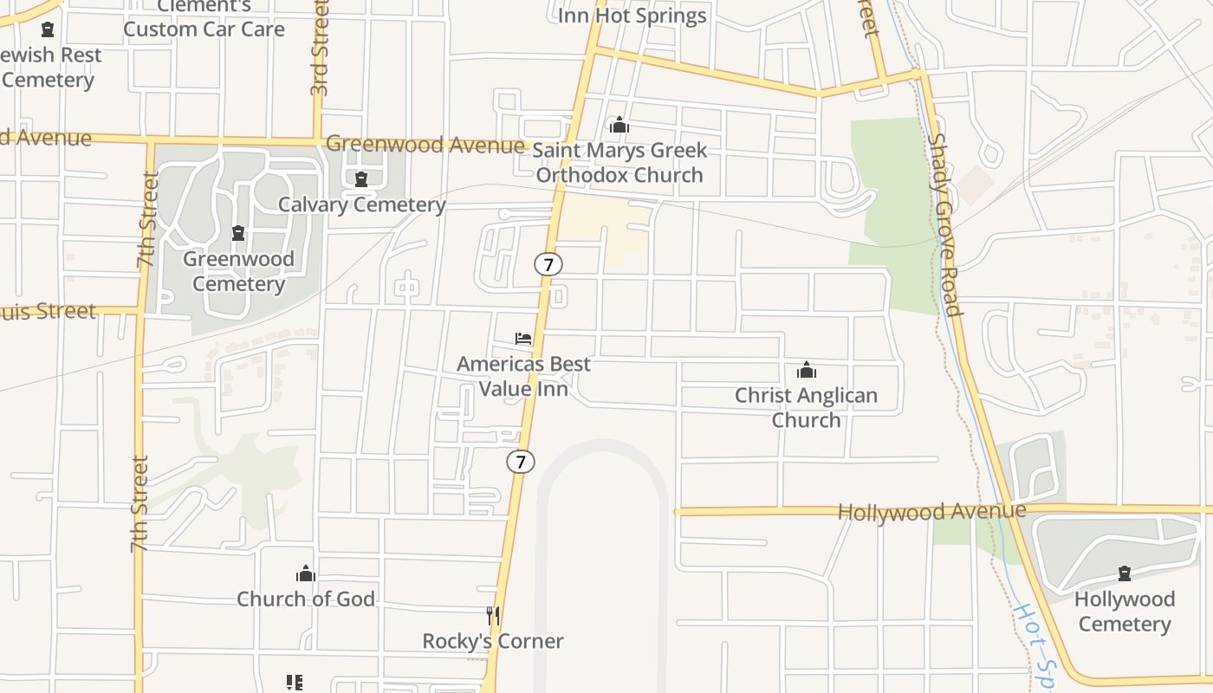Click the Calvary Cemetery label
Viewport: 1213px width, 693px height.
pyautogui.click(x=361, y=204)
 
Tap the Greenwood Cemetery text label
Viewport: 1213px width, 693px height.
pyautogui.click(x=238, y=271)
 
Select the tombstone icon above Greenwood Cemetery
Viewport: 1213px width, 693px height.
pyautogui.click(x=238, y=233)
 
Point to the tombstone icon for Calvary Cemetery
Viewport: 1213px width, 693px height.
pyautogui.click(x=361, y=179)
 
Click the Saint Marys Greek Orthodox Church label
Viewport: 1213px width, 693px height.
pyautogui.click(x=619, y=162)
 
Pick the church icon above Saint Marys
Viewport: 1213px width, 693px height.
pyautogui.click(x=619, y=126)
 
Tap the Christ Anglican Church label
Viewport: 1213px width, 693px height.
pyautogui.click(x=806, y=407)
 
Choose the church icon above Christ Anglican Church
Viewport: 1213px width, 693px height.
pyautogui.click(x=807, y=370)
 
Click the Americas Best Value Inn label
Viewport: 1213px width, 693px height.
pyautogui.click(x=523, y=376)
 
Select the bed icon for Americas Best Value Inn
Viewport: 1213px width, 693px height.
pyautogui.click(x=523, y=338)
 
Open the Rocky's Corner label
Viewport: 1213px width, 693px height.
pyautogui.click(x=492, y=641)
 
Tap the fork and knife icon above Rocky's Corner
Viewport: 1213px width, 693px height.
pyautogui.click(x=492, y=615)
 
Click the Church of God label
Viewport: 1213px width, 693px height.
pyautogui.click(x=306, y=599)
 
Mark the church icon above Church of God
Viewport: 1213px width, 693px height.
pyautogui.click(x=305, y=573)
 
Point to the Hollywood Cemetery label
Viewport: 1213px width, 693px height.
pyautogui.click(x=1125, y=612)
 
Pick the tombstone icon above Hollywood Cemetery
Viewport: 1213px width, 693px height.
pyautogui.click(x=1125, y=573)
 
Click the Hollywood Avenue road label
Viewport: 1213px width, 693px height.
pyautogui.click(x=931, y=511)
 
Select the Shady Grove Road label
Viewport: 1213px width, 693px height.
pyautogui.click(x=944, y=224)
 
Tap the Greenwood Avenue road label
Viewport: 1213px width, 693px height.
pyautogui.click(x=425, y=144)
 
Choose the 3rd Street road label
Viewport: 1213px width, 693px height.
pyautogui.click(x=319, y=48)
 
